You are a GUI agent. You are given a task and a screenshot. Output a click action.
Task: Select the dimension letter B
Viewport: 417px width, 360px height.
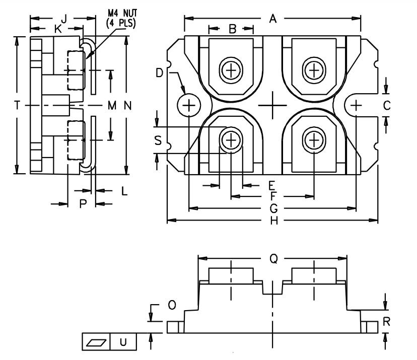click(x=232, y=29)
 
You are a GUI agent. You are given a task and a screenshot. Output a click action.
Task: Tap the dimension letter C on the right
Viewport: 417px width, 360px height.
click(x=386, y=105)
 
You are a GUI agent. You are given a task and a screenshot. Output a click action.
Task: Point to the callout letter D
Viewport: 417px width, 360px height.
click(x=160, y=74)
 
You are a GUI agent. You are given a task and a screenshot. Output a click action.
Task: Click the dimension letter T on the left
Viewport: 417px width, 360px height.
click(x=17, y=105)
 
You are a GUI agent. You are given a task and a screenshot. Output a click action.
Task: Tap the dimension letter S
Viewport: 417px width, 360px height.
click(x=158, y=141)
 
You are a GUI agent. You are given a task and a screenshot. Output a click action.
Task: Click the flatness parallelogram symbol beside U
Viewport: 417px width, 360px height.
click(x=96, y=342)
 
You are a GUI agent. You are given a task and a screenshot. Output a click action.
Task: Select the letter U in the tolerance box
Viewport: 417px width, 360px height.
click(x=123, y=342)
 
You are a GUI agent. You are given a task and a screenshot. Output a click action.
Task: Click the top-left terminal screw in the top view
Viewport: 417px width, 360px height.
click(x=231, y=70)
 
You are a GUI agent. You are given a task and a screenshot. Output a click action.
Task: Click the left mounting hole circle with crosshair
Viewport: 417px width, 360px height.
click(x=189, y=106)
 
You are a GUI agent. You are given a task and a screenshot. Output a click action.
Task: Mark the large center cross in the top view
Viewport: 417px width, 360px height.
click(x=273, y=105)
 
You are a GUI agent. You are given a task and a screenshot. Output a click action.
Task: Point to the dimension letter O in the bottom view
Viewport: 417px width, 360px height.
click(x=172, y=305)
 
